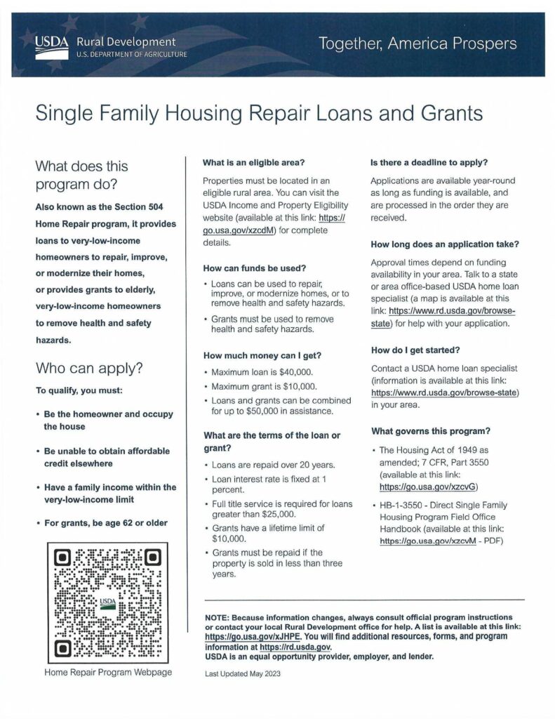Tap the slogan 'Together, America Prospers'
click(417, 44)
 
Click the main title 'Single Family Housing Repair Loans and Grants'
click(260, 113)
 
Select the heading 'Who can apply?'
click(88, 367)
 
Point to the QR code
click(108, 603)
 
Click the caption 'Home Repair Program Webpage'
click(108, 672)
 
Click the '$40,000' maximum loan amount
click(291, 371)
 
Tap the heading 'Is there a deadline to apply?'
click(429, 163)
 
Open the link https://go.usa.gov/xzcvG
click(429, 485)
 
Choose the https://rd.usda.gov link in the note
click(295, 647)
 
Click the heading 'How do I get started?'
click(416, 350)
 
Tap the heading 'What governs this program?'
click(430, 430)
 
